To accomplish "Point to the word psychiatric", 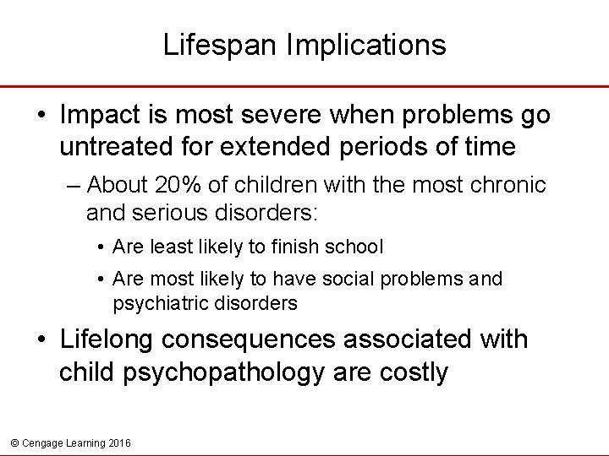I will click(152, 301).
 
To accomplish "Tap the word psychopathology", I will click(219, 372).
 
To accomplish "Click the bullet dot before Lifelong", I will click(42, 340).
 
